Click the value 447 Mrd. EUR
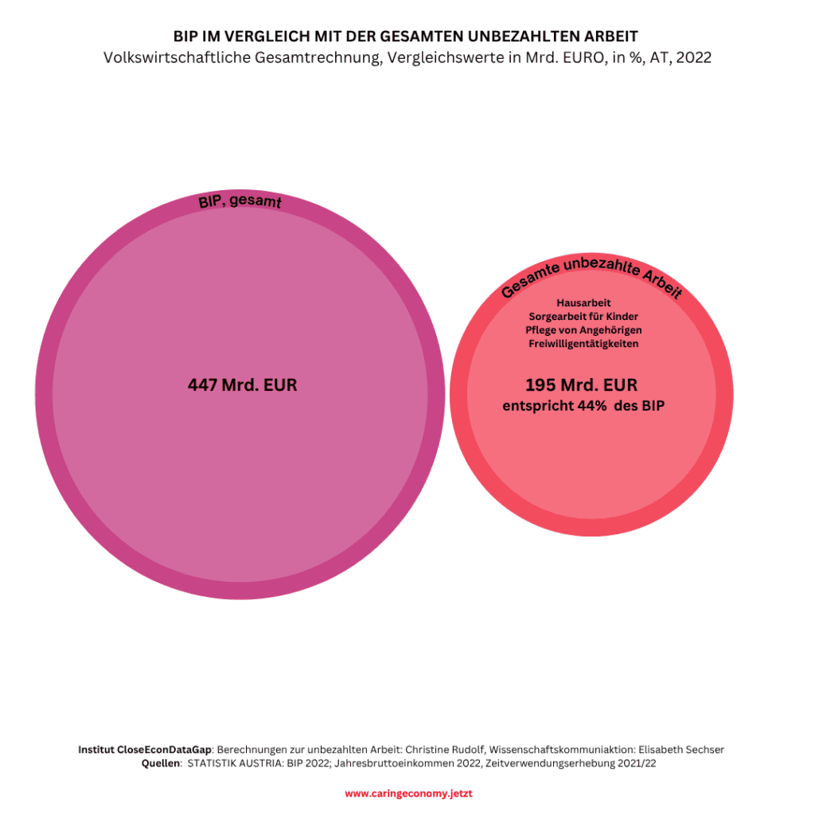(x=242, y=385)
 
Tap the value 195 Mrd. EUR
(x=581, y=385)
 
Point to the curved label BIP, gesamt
(x=240, y=201)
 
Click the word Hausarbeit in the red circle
(x=583, y=303)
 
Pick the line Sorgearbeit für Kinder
(x=583, y=317)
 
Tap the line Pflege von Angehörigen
(x=583, y=330)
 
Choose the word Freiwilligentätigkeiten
(x=583, y=344)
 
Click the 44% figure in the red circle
(x=591, y=406)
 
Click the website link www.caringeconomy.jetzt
(x=408, y=794)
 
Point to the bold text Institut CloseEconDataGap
(x=145, y=750)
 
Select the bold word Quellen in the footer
(x=161, y=763)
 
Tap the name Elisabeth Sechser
(x=681, y=750)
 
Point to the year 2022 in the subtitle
(x=693, y=57)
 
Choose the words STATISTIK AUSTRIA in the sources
(x=235, y=763)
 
